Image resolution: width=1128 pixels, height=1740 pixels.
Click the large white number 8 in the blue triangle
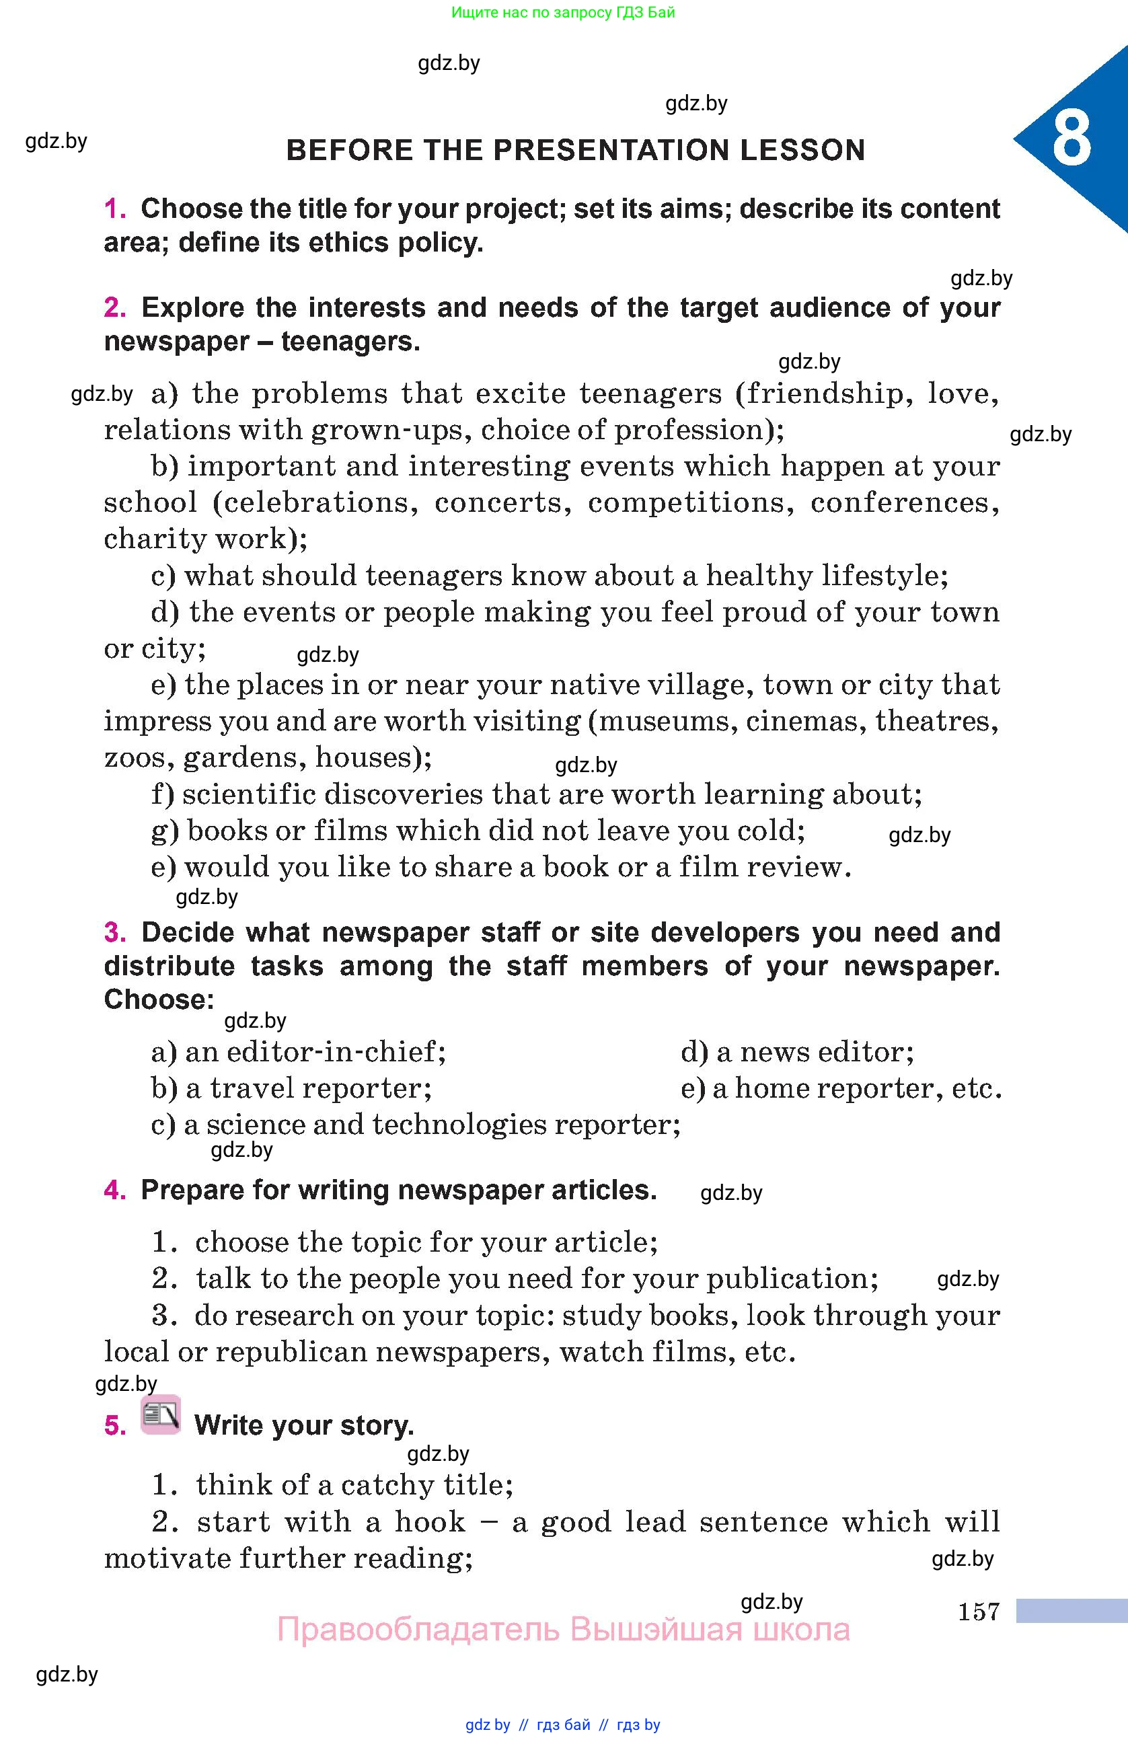tap(1071, 139)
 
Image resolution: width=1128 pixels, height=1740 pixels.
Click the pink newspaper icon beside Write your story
tap(161, 1414)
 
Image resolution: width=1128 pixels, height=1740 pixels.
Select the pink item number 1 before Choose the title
tap(115, 209)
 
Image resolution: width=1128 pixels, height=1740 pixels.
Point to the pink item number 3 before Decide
tap(115, 932)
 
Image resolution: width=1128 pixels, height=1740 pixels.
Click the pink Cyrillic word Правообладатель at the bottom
tap(418, 1630)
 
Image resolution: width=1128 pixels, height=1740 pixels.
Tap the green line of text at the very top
tap(563, 12)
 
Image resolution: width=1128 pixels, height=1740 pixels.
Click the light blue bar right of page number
tap(1071, 1611)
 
